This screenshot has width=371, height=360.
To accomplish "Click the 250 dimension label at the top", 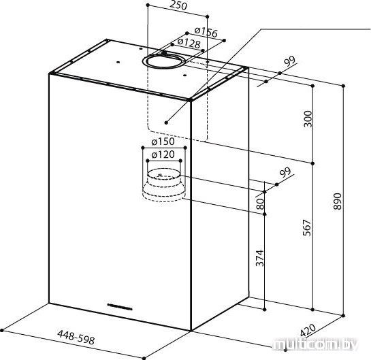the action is pos(178,5).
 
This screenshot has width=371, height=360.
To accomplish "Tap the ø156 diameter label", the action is pos(206,33).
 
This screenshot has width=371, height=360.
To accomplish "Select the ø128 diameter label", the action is pos(189,43).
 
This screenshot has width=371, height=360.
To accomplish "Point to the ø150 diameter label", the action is pos(163,142).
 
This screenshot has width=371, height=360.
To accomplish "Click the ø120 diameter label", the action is pos(163,154).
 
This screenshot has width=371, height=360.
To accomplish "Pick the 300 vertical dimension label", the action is pos(308,118).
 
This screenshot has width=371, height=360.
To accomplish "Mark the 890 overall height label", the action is pos(338,201).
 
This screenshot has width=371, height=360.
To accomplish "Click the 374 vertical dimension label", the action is pos(260,258).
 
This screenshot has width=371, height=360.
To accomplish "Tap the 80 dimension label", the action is pos(260,204).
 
